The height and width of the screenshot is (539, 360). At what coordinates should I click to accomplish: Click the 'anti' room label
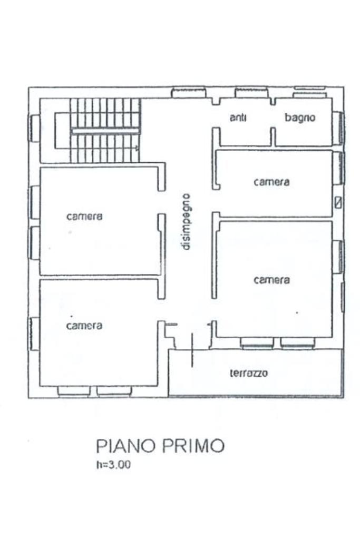point(238,117)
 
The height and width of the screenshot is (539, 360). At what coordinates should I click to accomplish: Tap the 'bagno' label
point(300,117)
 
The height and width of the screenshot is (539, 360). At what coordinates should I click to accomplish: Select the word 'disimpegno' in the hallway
point(186,222)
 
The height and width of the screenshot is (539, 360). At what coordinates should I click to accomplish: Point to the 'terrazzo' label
point(249,373)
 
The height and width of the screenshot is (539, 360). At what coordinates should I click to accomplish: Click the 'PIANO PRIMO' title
point(160,446)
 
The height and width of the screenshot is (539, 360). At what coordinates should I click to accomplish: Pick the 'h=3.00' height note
point(113,465)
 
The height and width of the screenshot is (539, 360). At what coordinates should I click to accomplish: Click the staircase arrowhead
point(137,148)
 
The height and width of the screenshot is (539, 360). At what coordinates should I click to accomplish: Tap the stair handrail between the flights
point(105,131)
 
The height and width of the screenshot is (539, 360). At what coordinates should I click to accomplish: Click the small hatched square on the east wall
point(338,202)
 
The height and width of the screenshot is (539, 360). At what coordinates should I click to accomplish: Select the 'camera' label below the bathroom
point(271,181)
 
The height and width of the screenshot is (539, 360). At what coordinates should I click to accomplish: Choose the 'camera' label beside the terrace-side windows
point(271,280)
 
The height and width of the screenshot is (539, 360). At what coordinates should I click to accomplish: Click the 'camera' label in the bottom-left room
point(84,326)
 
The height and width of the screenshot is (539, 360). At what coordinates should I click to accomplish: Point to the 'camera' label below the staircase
point(84,217)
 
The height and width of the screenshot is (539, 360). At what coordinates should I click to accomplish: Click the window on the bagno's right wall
point(339,128)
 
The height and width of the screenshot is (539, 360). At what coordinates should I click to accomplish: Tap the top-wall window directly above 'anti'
point(251,92)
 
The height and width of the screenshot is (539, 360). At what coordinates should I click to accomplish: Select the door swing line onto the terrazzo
point(192,350)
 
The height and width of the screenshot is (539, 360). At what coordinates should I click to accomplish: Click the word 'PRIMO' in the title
point(193,446)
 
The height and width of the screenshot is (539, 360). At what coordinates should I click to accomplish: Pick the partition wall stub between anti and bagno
point(273,137)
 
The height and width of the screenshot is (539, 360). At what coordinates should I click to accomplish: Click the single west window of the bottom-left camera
point(34,334)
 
